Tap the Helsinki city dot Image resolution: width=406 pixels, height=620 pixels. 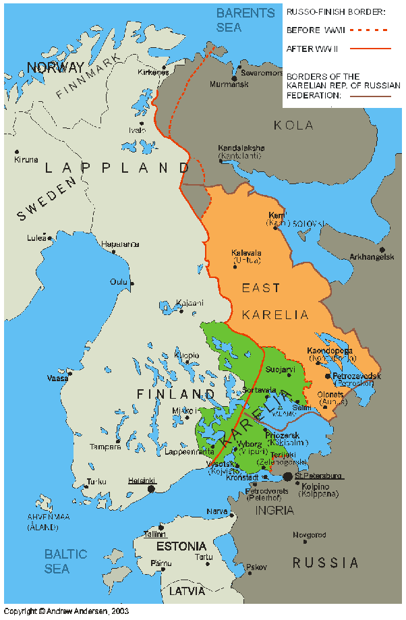click(151, 488)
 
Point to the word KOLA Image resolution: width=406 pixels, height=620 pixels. click(293, 125)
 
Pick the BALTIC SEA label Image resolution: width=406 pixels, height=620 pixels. click(65, 561)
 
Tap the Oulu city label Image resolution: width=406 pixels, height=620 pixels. click(119, 282)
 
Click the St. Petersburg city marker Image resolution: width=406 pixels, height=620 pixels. click(289, 476)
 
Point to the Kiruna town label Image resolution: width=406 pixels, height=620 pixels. click(26, 160)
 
